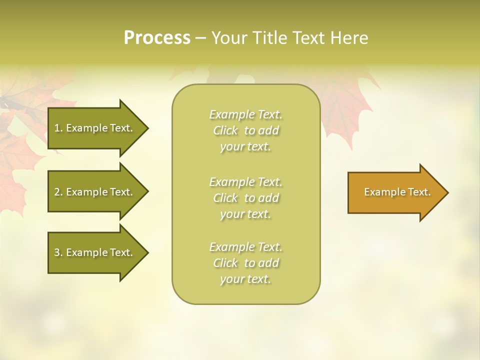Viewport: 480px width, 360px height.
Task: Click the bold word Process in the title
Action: tap(157, 38)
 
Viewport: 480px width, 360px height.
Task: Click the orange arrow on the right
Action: tap(395, 192)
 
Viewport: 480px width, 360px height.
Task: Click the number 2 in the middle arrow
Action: tap(57, 192)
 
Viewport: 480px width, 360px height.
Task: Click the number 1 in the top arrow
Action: tap(57, 128)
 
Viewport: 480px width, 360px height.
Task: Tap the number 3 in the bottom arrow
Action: tap(57, 252)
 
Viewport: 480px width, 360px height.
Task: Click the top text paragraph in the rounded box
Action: tap(246, 130)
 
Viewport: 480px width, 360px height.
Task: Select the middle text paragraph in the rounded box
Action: tap(246, 198)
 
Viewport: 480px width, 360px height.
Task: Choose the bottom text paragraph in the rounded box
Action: tap(246, 263)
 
